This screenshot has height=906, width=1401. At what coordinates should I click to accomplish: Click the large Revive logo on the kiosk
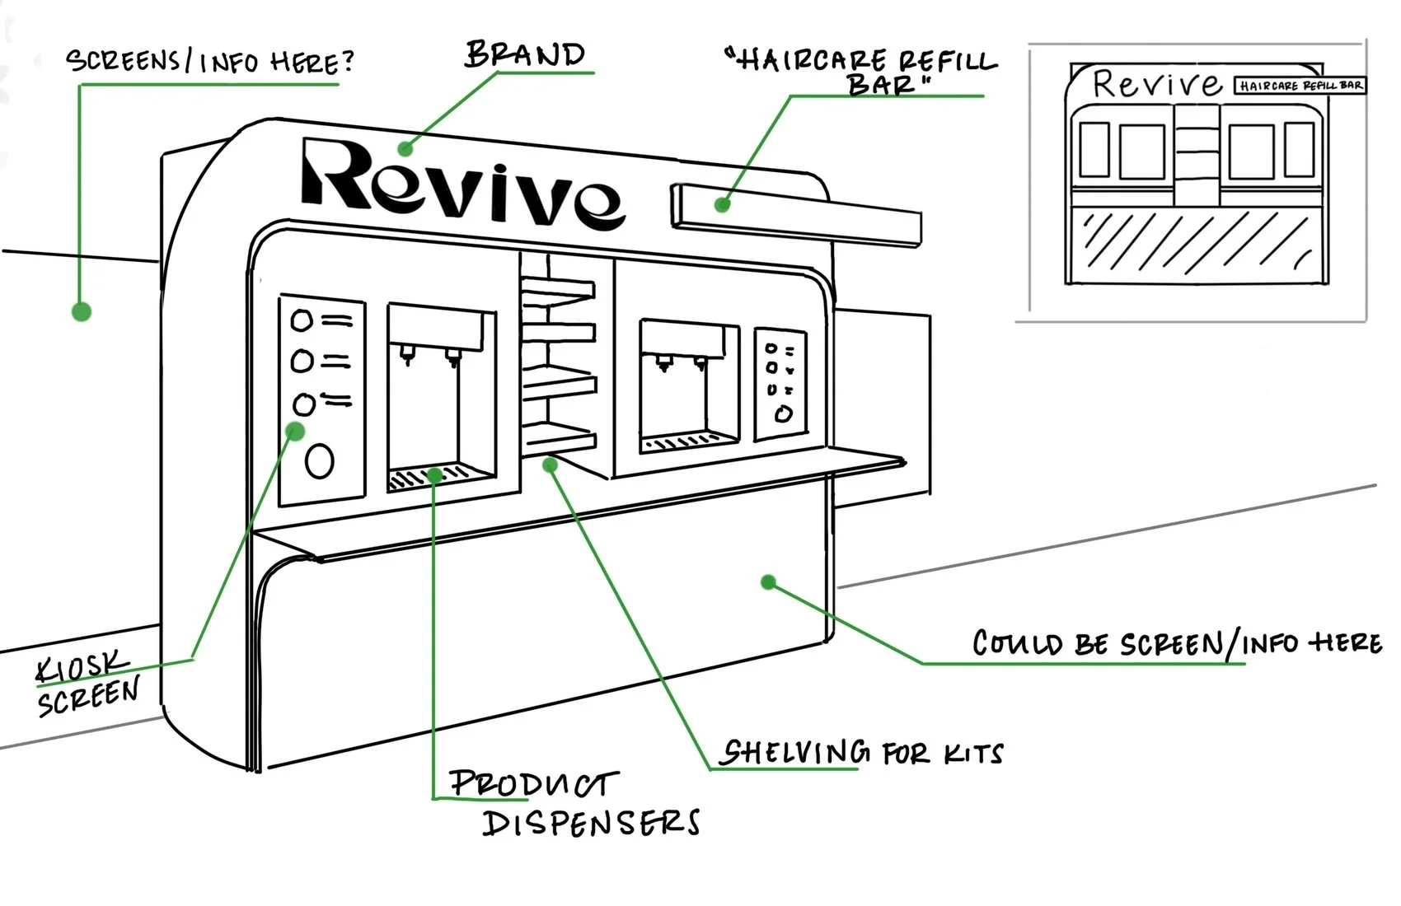(x=462, y=183)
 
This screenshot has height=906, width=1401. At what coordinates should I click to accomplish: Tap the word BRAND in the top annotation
(x=525, y=54)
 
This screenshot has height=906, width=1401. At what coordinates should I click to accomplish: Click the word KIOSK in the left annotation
(x=82, y=667)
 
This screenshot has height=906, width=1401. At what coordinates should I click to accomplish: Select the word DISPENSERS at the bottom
(x=591, y=822)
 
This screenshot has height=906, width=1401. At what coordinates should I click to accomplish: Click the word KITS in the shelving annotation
(x=973, y=753)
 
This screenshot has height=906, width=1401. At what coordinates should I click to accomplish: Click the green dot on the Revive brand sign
(x=405, y=149)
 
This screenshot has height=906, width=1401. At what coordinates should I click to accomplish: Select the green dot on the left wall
(x=81, y=311)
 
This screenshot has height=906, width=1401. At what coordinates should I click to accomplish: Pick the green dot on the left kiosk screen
(x=295, y=431)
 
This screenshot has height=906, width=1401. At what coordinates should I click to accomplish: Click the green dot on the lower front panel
(x=768, y=582)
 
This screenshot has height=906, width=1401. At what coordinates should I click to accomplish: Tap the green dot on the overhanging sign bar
(x=722, y=204)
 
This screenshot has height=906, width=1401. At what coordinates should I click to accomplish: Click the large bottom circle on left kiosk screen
(x=319, y=460)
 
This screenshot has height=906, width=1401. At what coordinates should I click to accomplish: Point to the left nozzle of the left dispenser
(x=406, y=353)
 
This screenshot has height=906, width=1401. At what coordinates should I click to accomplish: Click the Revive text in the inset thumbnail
(x=1156, y=83)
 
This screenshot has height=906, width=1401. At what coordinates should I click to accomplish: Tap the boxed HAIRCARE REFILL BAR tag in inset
(x=1299, y=86)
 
